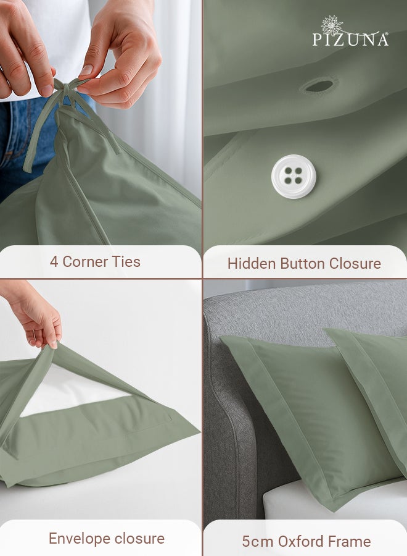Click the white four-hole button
[x=294, y=176]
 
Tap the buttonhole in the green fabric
[x=319, y=86]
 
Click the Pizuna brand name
[x=350, y=40]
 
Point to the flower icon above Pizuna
[x=332, y=24]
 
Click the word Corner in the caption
[x=84, y=262]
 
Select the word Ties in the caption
[x=126, y=262]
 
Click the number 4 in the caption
[x=54, y=262]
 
